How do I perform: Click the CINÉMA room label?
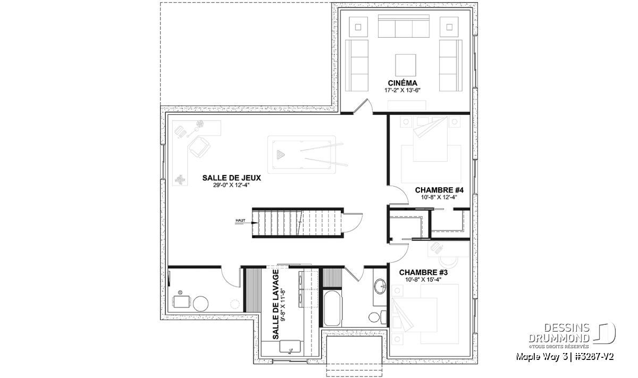pyautogui.click(x=402, y=83)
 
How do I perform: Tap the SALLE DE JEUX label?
pyautogui.click(x=232, y=178)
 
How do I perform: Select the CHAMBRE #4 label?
pyautogui.click(x=439, y=190)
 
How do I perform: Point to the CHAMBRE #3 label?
pyautogui.click(x=423, y=273)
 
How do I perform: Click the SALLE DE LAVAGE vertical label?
pyautogui.click(x=276, y=305)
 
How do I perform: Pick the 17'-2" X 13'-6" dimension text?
pyautogui.click(x=402, y=90)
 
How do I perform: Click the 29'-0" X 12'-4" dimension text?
pyautogui.click(x=232, y=185)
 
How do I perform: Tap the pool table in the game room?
pyautogui.click(x=302, y=155)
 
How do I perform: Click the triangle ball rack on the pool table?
pyautogui.click(x=281, y=155)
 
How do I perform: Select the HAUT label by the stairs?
pyautogui.click(x=240, y=221)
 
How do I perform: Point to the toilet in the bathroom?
pyautogui.click(x=377, y=317)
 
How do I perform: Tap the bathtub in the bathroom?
pyautogui.click(x=332, y=308)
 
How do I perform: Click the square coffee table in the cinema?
pyautogui.click(x=405, y=65)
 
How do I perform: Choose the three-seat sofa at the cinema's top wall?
pyautogui.click(x=404, y=26)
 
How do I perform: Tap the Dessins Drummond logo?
pyautogui.click(x=572, y=335)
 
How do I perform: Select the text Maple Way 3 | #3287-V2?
pyautogui.click(x=565, y=357)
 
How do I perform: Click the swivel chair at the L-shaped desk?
pyautogui.click(x=199, y=147)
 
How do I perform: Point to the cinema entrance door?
pyautogui.click(x=363, y=106)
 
